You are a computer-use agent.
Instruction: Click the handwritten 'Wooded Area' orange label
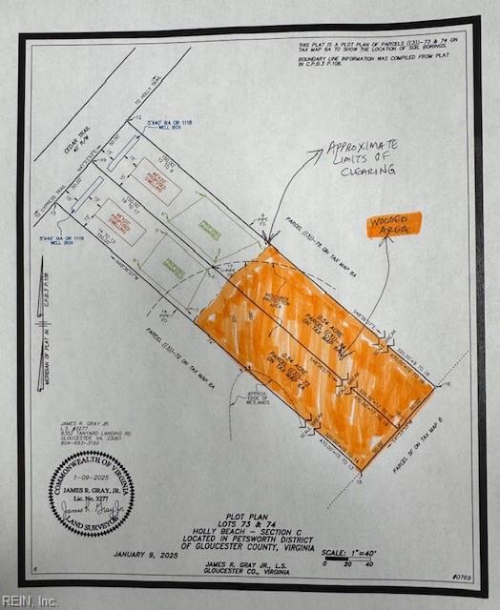[392, 225]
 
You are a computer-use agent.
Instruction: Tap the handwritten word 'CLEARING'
[366, 171]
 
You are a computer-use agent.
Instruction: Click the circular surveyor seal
[92, 493]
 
